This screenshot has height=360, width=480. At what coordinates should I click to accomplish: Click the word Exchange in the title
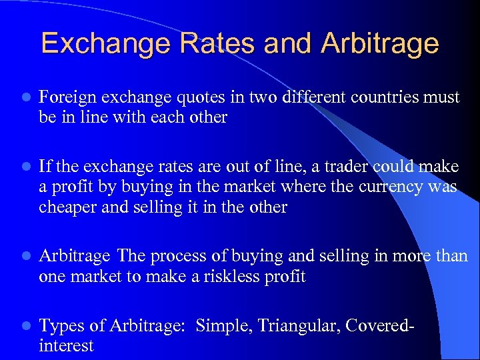click(102, 43)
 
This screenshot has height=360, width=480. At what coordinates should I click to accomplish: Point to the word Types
click(61, 325)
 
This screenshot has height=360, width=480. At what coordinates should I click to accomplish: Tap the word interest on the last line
click(66, 346)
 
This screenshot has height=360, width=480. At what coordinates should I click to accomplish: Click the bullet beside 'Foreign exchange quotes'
click(25, 98)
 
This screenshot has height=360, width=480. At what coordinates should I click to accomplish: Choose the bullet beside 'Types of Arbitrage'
click(25, 326)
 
